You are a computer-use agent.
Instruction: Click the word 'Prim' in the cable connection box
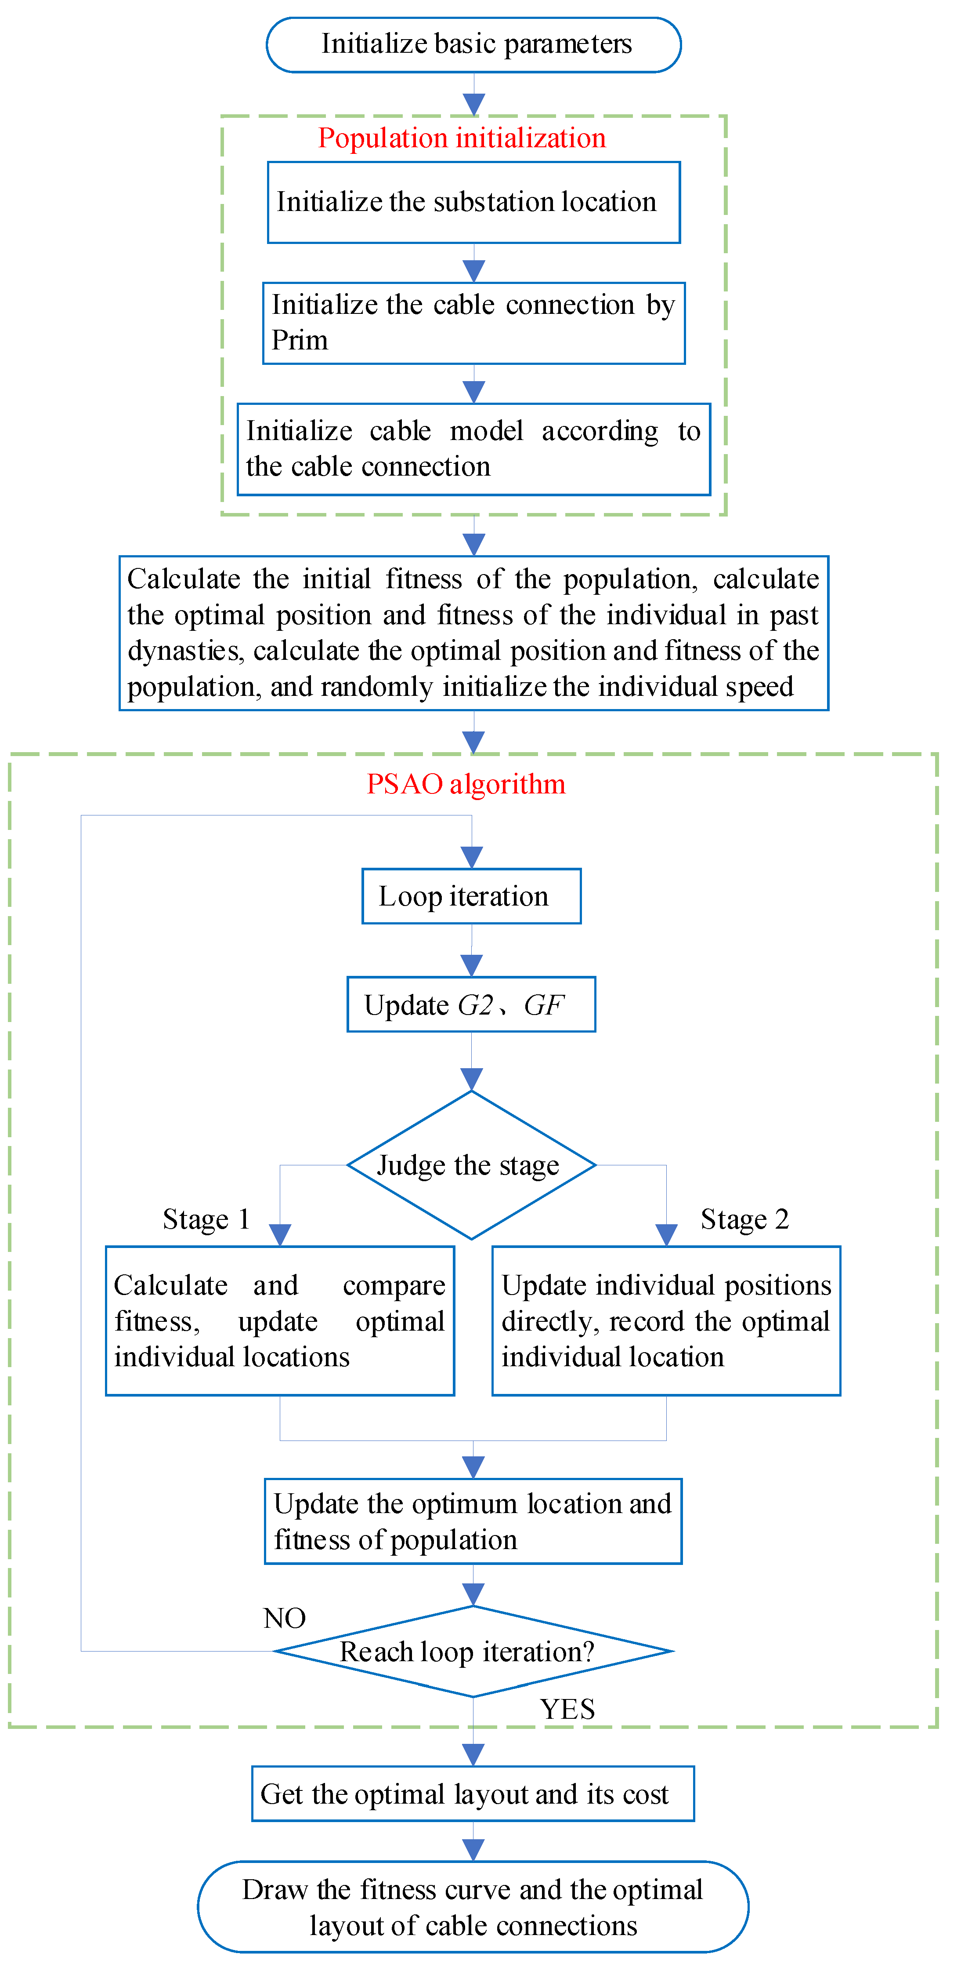point(300,340)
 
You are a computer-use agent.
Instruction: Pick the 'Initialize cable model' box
point(473,449)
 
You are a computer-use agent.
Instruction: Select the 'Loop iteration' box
point(471,896)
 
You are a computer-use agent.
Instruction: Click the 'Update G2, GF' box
point(471,1005)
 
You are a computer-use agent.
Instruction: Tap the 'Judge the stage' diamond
point(471,1165)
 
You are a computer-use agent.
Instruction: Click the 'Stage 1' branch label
point(206,1219)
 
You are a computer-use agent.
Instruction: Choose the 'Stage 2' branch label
point(744,1219)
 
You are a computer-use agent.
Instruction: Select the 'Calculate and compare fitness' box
point(279,1321)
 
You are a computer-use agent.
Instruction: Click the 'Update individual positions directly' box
point(666,1321)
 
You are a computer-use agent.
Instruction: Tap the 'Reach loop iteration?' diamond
point(473,1652)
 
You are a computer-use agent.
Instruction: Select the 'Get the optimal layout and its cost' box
point(473,1794)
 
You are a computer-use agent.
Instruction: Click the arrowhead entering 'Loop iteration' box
point(472,858)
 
